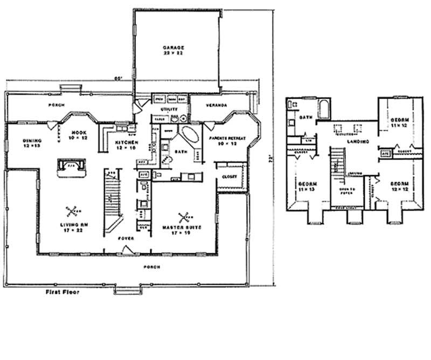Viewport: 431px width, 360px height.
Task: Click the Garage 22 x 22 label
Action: [173, 51]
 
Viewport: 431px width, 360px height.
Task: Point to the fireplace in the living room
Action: [72, 168]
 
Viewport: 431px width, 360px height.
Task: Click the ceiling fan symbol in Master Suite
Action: [185, 217]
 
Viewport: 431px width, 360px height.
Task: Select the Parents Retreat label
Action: [227, 141]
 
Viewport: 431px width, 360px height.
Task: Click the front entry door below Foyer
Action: [128, 248]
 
